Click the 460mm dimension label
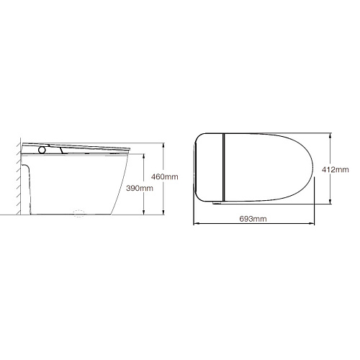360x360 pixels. (x=165, y=177)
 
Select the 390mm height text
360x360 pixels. (x=140, y=188)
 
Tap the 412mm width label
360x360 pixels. (x=336, y=170)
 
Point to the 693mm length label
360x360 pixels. (x=253, y=219)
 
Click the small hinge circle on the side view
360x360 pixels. (x=42, y=150)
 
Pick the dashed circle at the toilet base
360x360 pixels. (x=79, y=213)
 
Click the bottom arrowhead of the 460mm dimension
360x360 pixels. (x=163, y=212)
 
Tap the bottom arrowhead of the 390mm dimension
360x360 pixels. (x=143, y=212)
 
